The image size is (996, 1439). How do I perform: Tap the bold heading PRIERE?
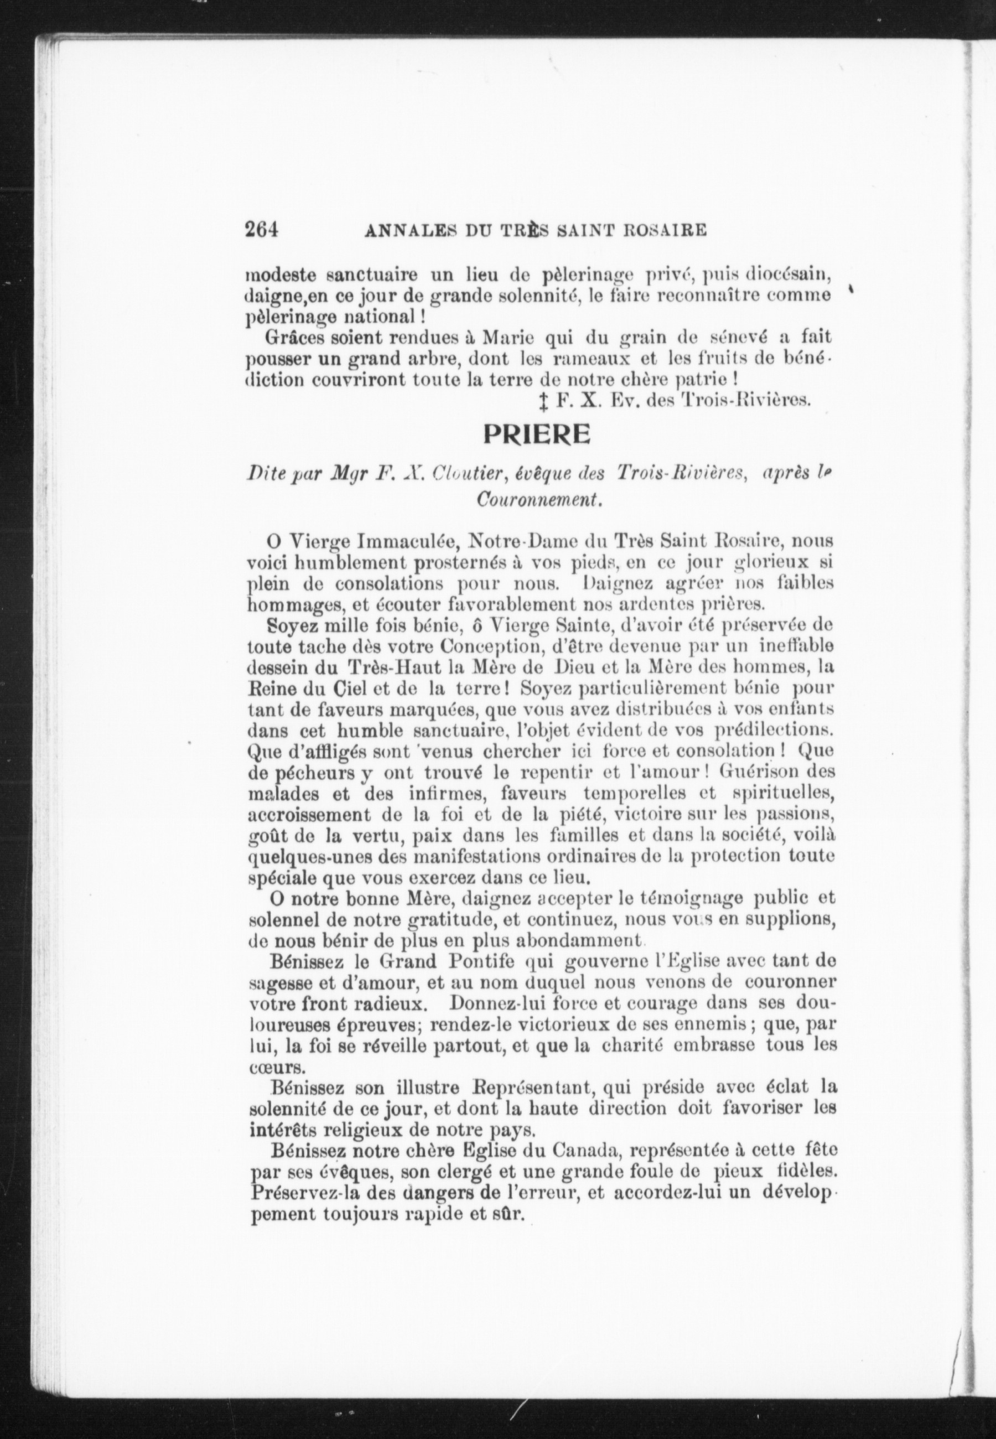pyautogui.click(x=537, y=435)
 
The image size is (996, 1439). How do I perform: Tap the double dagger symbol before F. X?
pyautogui.click(x=542, y=402)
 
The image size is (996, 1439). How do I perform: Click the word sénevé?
pyautogui.click(x=740, y=338)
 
